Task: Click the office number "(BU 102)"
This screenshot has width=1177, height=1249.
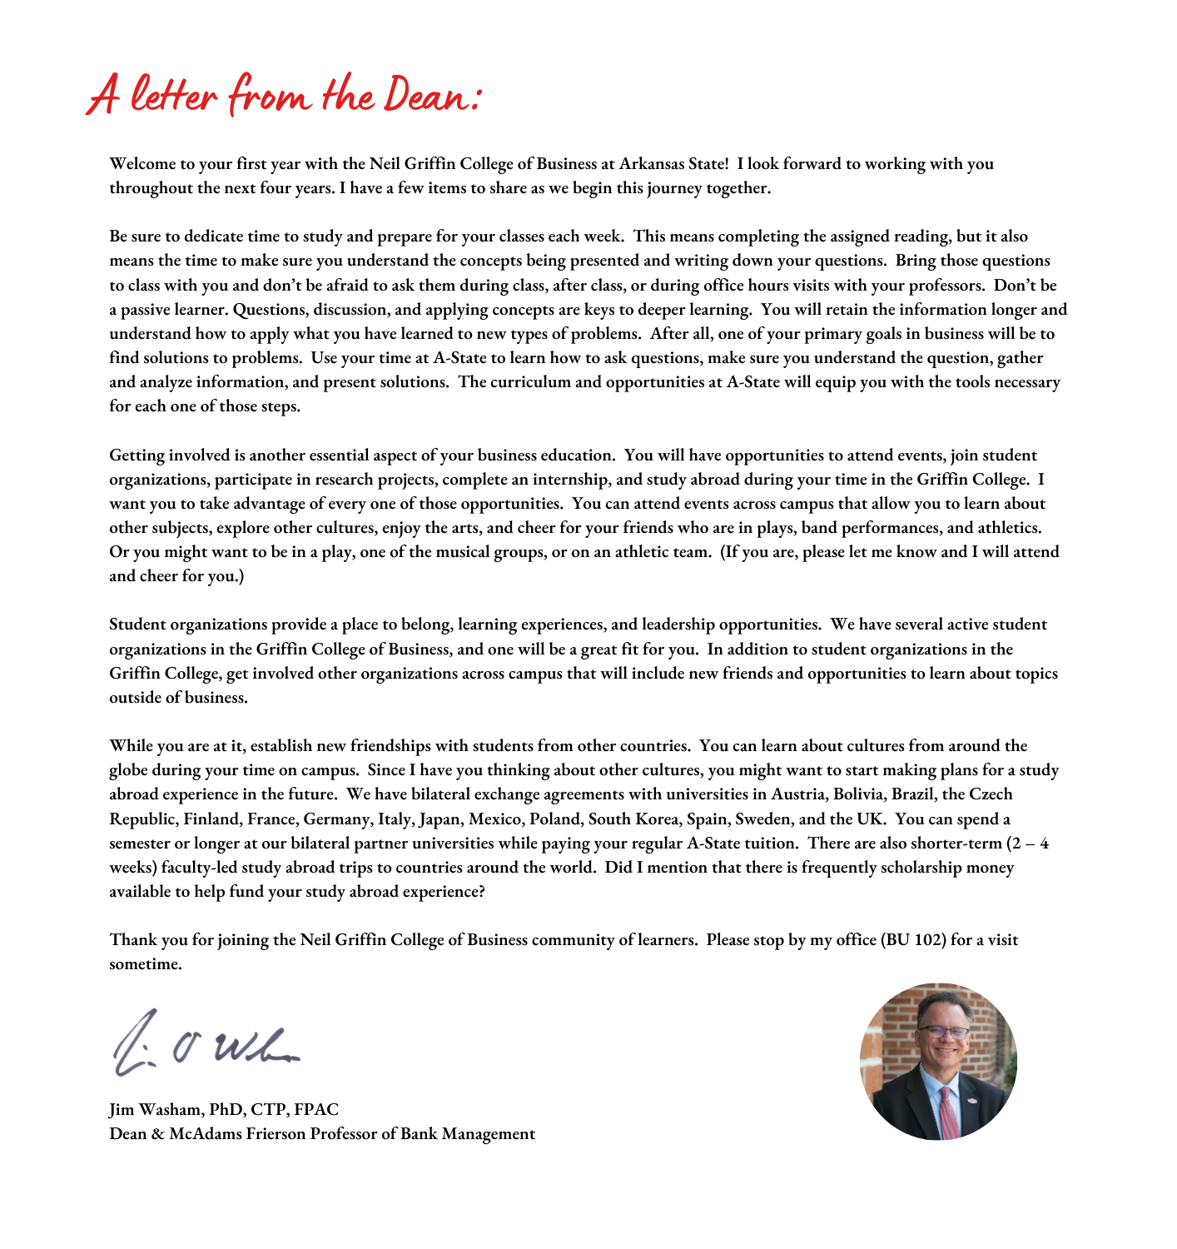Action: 913,940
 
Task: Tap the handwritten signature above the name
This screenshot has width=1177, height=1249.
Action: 204,1042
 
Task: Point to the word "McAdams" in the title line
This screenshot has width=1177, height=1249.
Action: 205,1134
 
